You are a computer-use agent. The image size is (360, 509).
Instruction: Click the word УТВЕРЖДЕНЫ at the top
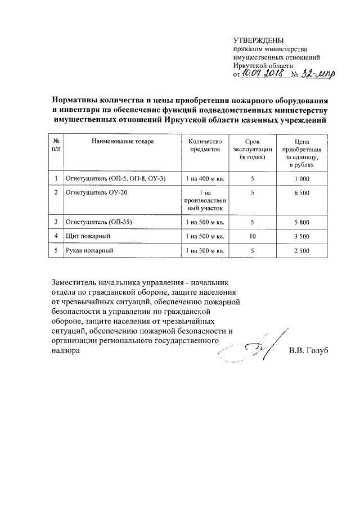(x=259, y=39)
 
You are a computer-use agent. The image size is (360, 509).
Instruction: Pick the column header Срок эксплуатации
(x=253, y=150)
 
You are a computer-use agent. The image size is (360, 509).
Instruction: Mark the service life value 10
(x=253, y=236)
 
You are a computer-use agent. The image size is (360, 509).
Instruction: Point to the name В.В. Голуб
(x=308, y=350)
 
